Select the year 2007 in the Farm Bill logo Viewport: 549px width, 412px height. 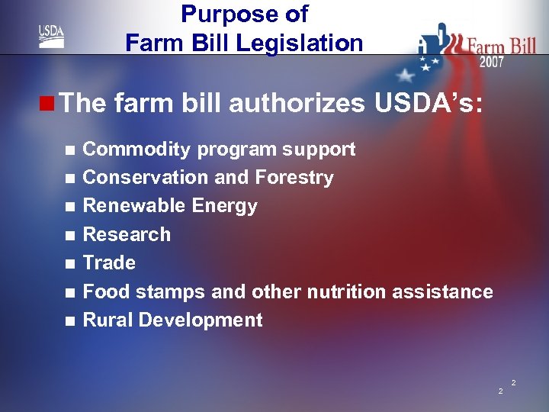tap(491, 62)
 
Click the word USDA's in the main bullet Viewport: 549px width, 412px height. tap(428, 104)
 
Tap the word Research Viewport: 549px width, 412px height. tap(127, 234)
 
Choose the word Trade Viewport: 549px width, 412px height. tap(109, 262)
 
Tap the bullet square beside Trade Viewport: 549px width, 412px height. tap(70, 264)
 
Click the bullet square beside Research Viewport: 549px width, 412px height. tap(70, 236)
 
